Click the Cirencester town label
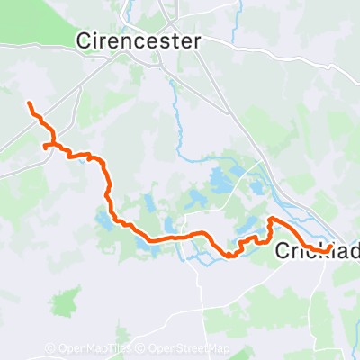coord(139,40)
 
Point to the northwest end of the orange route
coord(30,105)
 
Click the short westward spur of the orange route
coord(46,145)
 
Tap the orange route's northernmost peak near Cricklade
coord(273,220)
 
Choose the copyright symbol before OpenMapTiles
coord(49,349)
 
